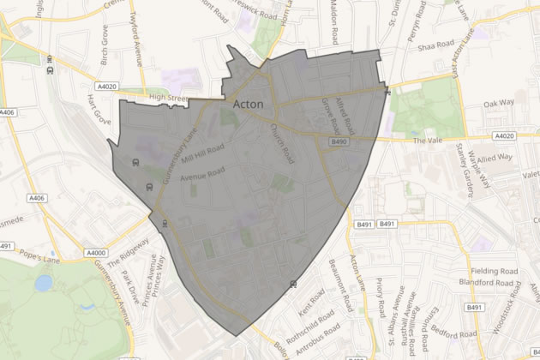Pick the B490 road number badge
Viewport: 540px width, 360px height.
[336, 142]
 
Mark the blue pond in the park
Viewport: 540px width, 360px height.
[43, 282]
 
